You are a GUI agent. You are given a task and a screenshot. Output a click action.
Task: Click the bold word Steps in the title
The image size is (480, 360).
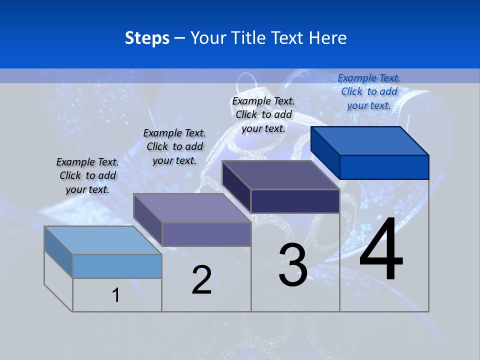pos(147,38)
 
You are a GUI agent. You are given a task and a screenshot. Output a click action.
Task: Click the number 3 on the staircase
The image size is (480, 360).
pos(293,265)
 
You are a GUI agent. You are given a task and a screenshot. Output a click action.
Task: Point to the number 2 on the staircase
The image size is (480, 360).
pos(202,280)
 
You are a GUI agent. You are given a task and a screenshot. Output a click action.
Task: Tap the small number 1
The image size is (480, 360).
pos(116,295)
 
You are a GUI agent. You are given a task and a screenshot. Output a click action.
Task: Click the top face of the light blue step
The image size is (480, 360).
pos(102,240)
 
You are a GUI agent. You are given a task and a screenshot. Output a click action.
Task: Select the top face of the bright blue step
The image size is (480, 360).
pos(370,140)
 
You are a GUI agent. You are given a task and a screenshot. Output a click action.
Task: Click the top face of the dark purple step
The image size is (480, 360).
pos(281,175)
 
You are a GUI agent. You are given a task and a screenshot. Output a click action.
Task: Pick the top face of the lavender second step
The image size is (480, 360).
pos(192,207)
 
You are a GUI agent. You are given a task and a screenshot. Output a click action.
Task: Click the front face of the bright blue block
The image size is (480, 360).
pos(384,167)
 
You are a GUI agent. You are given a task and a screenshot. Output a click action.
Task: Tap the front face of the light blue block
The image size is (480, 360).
pos(117,266)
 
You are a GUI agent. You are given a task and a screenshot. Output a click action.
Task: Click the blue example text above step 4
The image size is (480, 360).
pos(369,91)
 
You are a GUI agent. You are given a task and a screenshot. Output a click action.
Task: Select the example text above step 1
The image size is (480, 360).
pos(87,175)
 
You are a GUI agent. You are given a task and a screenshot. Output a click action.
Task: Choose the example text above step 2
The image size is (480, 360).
pos(174,146)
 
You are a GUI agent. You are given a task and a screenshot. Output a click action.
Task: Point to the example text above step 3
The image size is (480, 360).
pos(263,114)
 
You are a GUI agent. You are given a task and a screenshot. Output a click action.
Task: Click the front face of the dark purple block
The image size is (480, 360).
pos(295,201)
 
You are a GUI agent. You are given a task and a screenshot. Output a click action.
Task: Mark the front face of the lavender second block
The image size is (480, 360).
pos(206,234)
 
